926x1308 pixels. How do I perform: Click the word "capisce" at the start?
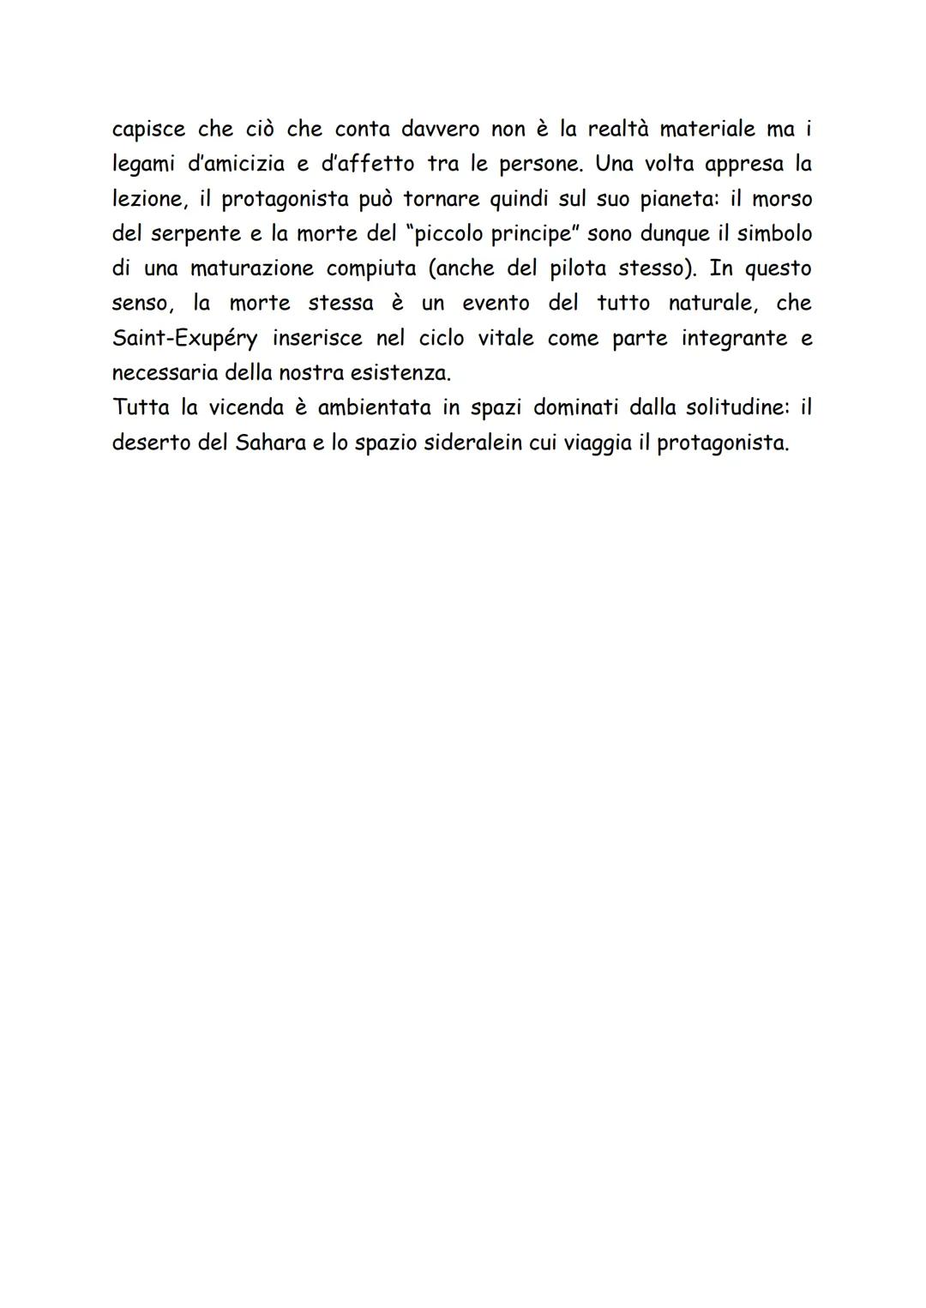(148, 130)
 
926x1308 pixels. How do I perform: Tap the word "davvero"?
(440, 130)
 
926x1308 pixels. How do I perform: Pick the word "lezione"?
(146, 199)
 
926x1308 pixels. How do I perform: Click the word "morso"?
(782, 199)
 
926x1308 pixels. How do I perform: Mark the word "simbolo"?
(774, 234)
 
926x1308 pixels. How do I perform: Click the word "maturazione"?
(252, 268)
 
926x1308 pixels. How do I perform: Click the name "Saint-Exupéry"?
(184, 339)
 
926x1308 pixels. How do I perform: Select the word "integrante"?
(734, 339)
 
